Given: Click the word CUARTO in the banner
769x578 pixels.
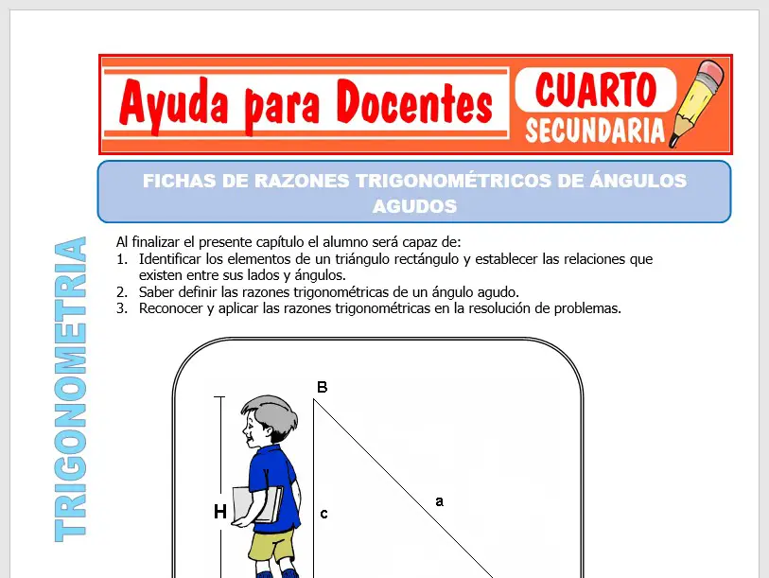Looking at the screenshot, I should click(x=596, y=91).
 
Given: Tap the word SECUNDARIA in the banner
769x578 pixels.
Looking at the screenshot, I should click(x=595, y=131).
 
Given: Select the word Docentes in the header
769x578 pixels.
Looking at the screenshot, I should click(x=416, y=103).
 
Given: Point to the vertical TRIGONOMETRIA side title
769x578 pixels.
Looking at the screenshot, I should click(x=71, y=388).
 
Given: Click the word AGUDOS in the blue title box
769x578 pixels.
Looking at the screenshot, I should click(x=414, y=205).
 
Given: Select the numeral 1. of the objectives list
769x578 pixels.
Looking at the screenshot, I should click(x=121, y=258).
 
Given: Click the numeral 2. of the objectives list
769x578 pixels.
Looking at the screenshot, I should click(x=121, y=291).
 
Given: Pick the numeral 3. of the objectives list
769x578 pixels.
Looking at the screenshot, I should click(x=121, y=308).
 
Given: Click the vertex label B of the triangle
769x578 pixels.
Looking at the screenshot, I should click(x=322, y=387).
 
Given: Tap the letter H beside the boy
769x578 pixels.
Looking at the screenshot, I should click(x=219, y=513).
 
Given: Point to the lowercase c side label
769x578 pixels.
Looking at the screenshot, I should click(x=323, y=514).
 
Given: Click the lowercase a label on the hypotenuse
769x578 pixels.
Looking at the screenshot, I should click(x=439, y=501).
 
